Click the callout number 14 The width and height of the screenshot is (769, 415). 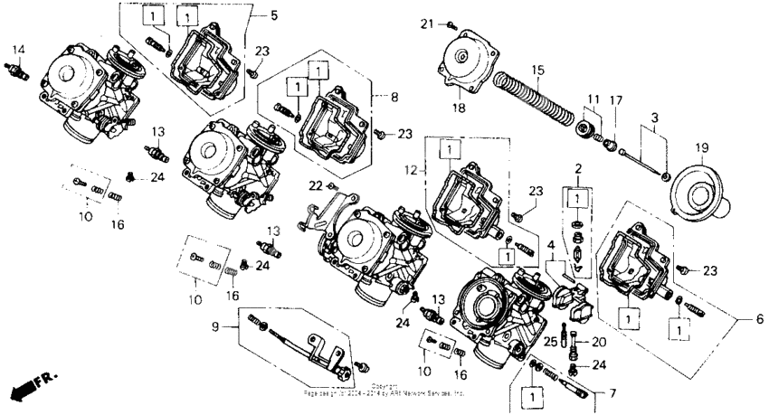pos(18,48)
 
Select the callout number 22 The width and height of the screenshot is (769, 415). pos(315,185)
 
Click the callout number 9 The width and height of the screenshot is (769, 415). pos(216,326)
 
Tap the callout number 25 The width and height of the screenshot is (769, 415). pos(549,341)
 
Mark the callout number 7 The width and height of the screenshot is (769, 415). pos(612,393)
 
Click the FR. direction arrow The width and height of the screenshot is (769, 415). pos(27,386)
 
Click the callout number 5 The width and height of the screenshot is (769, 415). pos(274,14)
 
